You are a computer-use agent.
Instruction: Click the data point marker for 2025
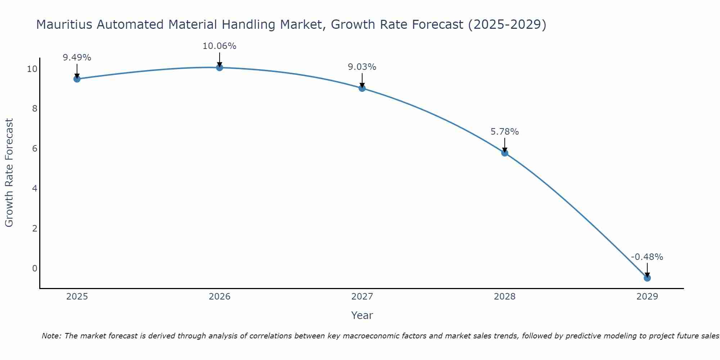[x=77, y=79]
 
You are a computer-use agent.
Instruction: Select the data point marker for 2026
[x=220, y=67]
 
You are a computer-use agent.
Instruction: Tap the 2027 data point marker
[x=362, y=88]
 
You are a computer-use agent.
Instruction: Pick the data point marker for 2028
[x=505, y=153]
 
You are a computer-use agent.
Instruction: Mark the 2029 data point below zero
[x=647, y=278]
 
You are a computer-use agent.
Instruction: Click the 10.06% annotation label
[x=219, y=46]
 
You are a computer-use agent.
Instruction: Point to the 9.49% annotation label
[x=77, y=58]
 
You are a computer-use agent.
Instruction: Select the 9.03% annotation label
[x=362, y=67]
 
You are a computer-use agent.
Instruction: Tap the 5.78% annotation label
[x=505, y=132]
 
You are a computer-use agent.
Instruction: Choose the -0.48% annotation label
[x=647, y=257]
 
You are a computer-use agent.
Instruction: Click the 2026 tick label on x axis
[x=220, y=297]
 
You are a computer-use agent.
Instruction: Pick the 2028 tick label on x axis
[x=505, y=297]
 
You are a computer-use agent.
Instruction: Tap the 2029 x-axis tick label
[x=647, y=297]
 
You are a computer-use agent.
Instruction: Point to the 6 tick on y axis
[x=35, y=148]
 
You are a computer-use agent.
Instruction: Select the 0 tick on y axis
[x=35, y=268]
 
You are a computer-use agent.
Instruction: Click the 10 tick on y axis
[x=32, y=69]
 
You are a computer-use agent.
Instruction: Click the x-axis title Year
[x=362, y=315]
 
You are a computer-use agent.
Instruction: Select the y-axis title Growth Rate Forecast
[x=9, y=172]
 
